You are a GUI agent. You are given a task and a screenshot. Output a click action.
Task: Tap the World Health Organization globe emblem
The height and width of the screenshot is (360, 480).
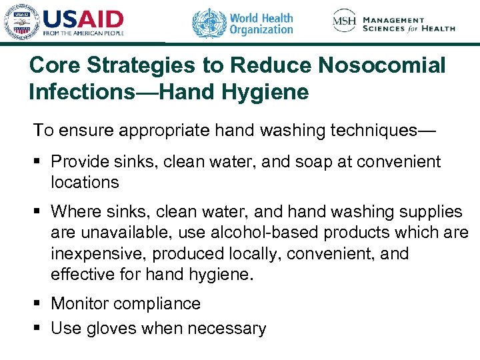point(209,23)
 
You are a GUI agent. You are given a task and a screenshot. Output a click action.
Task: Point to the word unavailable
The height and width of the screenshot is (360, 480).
point(127,233)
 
